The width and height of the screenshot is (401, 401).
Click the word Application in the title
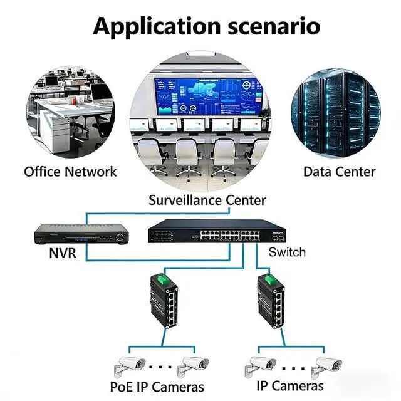(157, 26)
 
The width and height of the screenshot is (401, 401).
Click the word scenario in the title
(273, 26)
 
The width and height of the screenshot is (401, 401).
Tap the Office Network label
(70, 171)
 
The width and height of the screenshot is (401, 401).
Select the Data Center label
(339, 171)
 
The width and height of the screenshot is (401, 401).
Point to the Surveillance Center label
(207, 200)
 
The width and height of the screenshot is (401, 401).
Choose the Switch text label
(287, 252)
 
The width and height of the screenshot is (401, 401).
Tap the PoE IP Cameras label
(156, 387)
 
